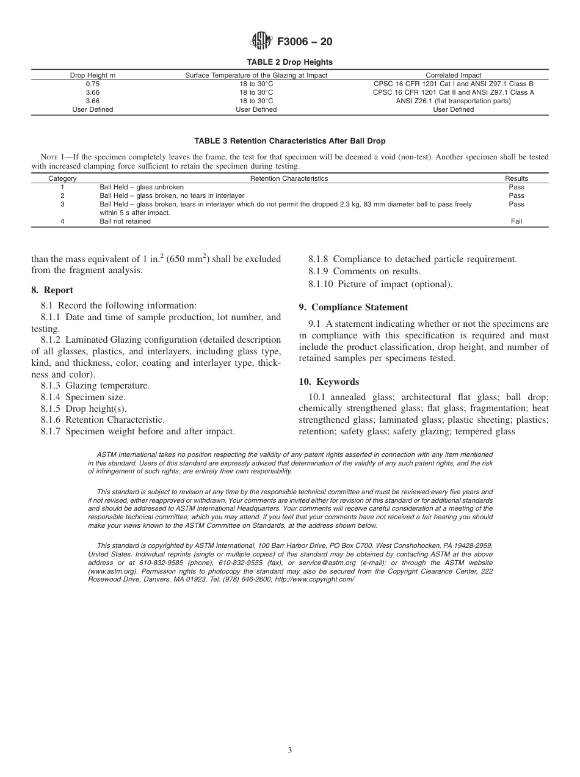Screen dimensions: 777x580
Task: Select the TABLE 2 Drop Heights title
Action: coord(290,62)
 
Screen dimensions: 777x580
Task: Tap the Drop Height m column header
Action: coord(93,75)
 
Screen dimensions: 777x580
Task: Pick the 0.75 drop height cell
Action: coord(93,84)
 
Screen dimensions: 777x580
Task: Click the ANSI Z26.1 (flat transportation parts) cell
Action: coord(453,101)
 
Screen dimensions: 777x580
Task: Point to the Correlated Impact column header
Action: coord(453,75)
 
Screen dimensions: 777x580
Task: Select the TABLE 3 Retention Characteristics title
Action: coord(290,141)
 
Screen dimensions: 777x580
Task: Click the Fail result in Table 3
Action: coord(516,221)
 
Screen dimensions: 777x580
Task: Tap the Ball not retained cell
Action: coord(125,221)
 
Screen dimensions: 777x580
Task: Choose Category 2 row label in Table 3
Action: coord(62,195)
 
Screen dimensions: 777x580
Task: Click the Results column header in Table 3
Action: coord(517,178)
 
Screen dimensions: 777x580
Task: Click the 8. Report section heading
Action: coord(53,290)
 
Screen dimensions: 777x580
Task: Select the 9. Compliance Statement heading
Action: coord(353,307)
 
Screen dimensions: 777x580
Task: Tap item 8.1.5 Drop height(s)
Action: coord(84,408)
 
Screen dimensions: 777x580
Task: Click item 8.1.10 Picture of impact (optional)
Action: coord(380,283)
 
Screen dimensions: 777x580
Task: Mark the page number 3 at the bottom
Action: coord(290,751)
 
